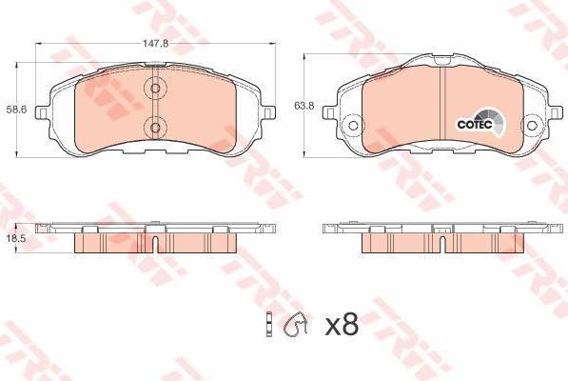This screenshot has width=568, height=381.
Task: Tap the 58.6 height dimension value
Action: (x=16, y=110)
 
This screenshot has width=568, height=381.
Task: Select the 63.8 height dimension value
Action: (x=304, y=107)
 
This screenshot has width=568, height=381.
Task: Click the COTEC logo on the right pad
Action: (x=480, y=123)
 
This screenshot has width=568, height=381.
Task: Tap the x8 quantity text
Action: (x=342, y=325)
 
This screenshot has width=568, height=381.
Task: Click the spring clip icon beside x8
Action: (x=296, y=324)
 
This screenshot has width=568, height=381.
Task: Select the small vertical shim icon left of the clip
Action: (x=269, y=325)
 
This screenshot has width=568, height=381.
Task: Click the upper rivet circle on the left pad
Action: (x=155, y=88)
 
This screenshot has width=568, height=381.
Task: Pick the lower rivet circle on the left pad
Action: (x=155, y=128)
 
